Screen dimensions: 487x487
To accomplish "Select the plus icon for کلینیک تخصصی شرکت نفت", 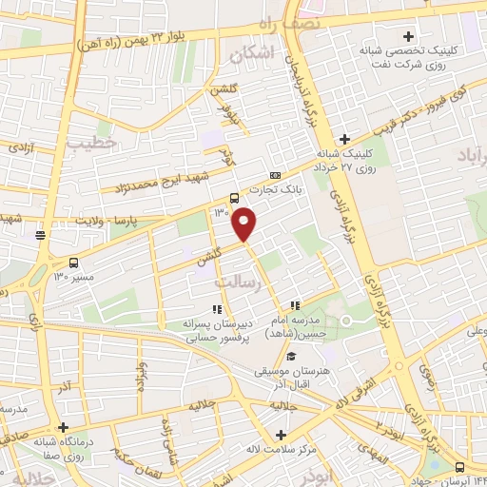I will coord(408,35).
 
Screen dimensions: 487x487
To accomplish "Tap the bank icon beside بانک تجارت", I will coord(275,176).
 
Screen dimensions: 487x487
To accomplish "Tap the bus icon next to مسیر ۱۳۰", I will coord(74,263).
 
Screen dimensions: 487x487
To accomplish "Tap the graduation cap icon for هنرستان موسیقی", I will coord(290,355).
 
